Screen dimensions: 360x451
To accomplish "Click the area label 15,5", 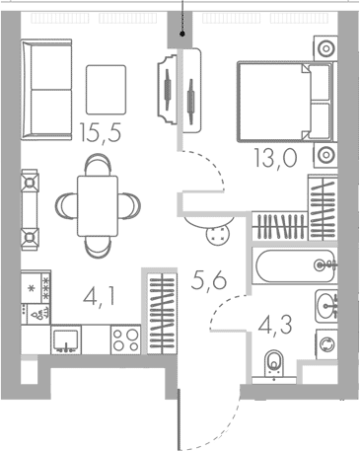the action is [101, 132].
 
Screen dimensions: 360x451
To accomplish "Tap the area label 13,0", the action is [275, 158].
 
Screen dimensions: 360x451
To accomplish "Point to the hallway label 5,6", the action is [209, 281].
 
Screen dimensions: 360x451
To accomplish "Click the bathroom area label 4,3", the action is [275, 325].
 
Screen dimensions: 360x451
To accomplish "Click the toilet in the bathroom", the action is [274, 366].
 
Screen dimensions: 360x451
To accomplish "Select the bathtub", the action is [295, 265].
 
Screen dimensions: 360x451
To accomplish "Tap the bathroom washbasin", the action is [326, 306].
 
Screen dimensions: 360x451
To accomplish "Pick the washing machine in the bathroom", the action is [326, 344].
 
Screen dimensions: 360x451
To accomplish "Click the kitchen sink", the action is [66, 339].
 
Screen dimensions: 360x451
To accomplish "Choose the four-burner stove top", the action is [126, 339].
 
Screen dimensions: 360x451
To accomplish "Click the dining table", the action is [98, 206].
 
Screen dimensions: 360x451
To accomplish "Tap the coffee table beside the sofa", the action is [106, 90].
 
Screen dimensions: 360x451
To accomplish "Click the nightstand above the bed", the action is [325, 48].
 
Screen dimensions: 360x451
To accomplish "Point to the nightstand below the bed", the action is [325, 155].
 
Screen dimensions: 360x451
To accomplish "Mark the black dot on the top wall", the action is [182, 34].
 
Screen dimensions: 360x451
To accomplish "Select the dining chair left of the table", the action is [66, 206].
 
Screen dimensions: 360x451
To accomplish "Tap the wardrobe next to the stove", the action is [162, 314].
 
